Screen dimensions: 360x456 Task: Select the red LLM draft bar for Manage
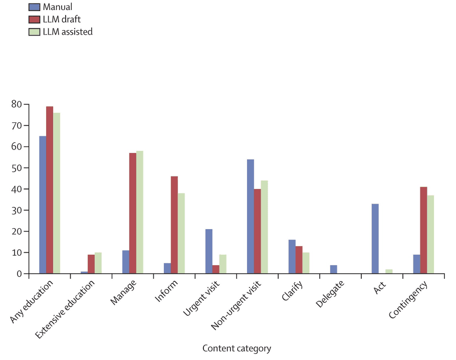click(133, 213)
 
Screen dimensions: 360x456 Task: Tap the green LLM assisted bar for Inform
click(181, 233)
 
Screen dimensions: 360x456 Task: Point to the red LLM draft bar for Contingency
click(424, 230)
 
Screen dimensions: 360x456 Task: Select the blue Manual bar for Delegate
click(334, 269)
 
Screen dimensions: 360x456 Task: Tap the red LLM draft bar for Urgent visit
click(216, 269)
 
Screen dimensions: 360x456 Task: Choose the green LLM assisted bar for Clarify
click(306, 263)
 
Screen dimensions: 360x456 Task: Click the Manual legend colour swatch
click(34, 7)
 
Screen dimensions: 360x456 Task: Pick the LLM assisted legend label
click(68, 32)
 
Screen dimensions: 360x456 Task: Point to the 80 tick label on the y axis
click(17, 104)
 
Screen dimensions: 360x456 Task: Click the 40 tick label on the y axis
click(17, 189)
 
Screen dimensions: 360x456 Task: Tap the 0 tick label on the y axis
click(19, 274)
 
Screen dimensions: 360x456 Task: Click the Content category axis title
click(237, 348)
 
